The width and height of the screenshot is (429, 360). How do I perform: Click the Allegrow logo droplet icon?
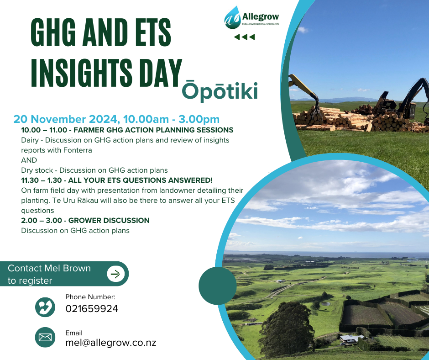coord(232,18)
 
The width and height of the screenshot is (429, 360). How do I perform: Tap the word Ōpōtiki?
coord(220,90)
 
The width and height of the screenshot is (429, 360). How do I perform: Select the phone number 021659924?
coord(92,309)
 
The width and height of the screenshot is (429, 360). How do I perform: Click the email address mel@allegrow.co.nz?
coord(111,343)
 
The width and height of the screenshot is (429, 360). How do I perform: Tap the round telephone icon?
coord(45,307)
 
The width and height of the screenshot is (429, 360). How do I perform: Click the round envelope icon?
coord(45,337)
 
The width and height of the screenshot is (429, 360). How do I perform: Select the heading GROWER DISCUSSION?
coord(109,221)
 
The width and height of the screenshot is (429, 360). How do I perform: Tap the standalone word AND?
coord(29,160)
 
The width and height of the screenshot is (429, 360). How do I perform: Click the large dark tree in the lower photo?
coord(287,329)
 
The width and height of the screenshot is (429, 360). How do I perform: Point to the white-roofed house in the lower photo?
coord(351,339)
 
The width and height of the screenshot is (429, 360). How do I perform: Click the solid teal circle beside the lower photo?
coord(218,286)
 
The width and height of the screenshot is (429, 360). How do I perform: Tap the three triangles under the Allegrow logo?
coord(245,37)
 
